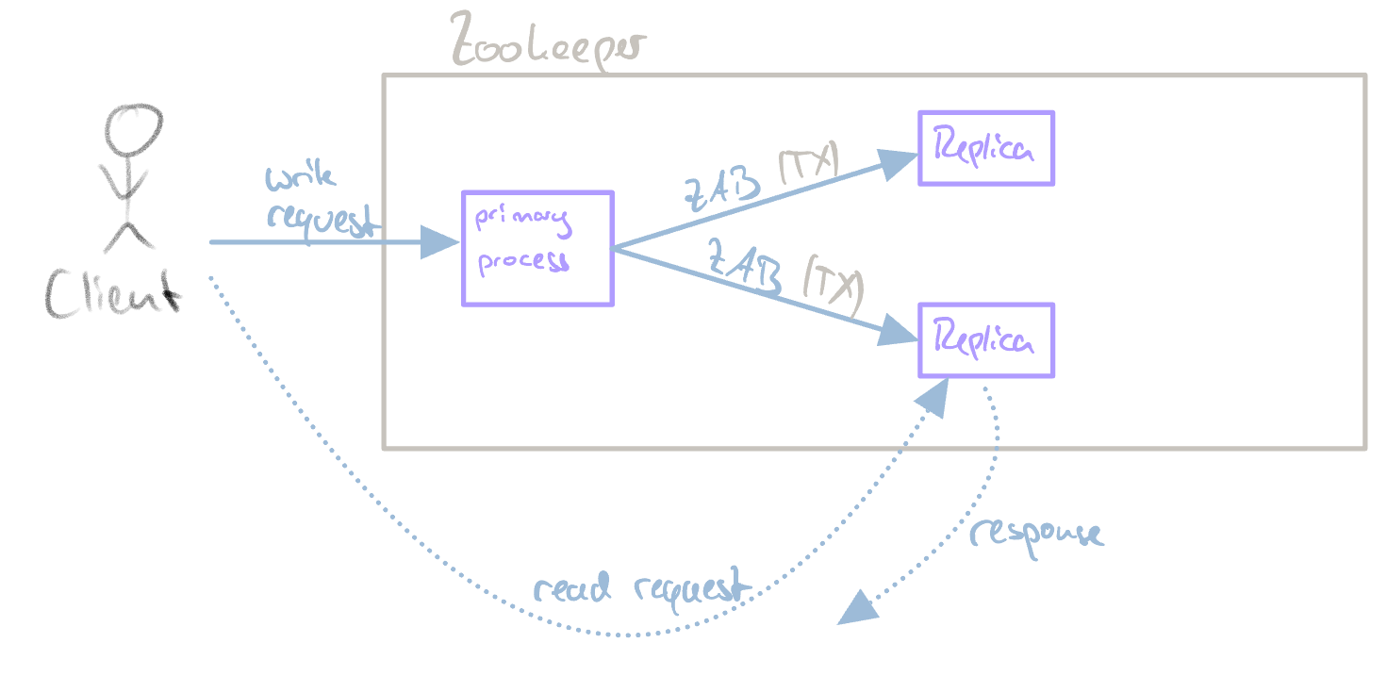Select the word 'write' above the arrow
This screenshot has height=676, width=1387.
[300, 176]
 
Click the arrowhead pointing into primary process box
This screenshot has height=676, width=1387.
[439, 242]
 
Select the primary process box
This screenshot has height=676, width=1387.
[537, 248]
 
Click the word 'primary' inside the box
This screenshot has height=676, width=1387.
[521, 221]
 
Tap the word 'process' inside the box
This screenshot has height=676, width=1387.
[523, 260]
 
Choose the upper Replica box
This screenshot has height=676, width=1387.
[986, 148]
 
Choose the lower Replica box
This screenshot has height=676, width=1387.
[986, 340]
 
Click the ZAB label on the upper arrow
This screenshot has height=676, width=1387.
[721, 189]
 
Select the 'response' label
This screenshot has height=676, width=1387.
[1035, 534]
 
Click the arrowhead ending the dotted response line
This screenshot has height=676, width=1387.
[858, 608]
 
